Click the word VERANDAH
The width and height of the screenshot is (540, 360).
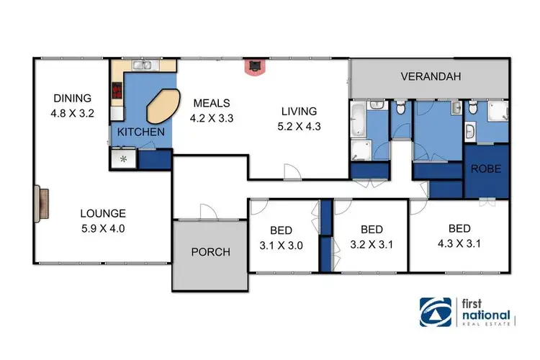431,76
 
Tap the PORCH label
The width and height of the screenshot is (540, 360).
210,252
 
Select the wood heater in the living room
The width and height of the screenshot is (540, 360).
254,67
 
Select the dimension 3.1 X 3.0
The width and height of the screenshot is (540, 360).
281,244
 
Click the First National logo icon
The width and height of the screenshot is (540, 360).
437,311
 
